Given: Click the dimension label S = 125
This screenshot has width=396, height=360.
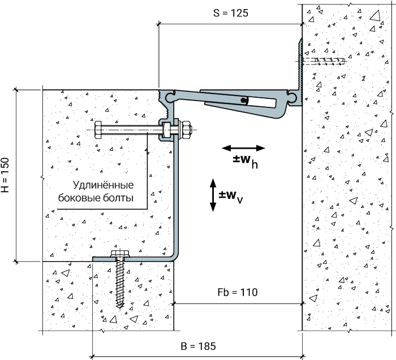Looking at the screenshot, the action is pos(231,13).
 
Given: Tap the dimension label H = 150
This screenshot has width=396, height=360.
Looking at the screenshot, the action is pos(5,175).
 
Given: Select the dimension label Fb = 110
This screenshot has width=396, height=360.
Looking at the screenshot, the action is pos(238,292).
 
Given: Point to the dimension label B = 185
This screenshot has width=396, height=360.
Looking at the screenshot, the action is pos(199,346).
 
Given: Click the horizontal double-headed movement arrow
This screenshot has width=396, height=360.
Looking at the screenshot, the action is pos(243,148).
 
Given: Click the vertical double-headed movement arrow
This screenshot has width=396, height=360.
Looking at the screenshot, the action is pos(213,195).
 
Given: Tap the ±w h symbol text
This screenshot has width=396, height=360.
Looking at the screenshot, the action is pos(245,161).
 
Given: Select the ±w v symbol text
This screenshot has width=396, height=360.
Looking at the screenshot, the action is pos(231,197).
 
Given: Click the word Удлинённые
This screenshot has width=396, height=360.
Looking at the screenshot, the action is pos(104,185).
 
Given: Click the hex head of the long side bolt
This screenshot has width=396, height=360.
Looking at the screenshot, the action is pos(98,130).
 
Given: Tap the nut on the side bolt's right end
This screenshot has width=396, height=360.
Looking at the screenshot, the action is pos(186,130).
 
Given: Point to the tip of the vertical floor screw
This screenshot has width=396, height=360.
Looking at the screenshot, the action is pos(120,308).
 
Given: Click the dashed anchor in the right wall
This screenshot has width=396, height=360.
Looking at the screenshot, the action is pos(324,61).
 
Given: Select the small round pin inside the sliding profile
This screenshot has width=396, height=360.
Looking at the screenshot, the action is pos(244,100).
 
